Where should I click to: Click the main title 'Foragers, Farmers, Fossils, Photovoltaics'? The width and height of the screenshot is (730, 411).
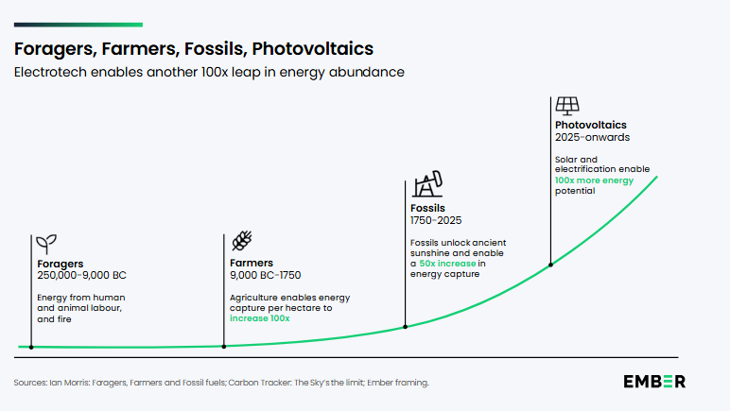(x=193, y=48)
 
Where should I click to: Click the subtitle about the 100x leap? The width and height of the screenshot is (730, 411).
(x=209, y=73)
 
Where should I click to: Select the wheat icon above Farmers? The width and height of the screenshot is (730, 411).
(x=242, y=242)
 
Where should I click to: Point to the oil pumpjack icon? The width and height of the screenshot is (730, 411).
(x=426, y=185)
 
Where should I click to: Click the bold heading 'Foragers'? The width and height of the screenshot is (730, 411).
(x=61, y=263)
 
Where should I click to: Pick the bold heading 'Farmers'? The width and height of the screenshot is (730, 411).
(x=252, y=263)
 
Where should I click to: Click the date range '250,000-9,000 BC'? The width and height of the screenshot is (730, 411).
(x=81, y=275)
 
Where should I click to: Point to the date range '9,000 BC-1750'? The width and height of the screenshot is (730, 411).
(x=266, y=275)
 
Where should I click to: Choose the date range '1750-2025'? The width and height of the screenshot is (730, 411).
(x=434, y=220)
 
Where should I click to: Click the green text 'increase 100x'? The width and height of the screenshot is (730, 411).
(x=260, y=318)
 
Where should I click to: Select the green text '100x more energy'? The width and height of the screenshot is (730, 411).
(x=594, y=180)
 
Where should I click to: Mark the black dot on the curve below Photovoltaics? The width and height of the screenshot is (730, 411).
(x=550, y=265)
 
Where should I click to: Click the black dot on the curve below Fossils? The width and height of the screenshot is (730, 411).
(x=406, y=327)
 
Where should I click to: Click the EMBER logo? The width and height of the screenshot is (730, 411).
(x=654, y=382)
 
